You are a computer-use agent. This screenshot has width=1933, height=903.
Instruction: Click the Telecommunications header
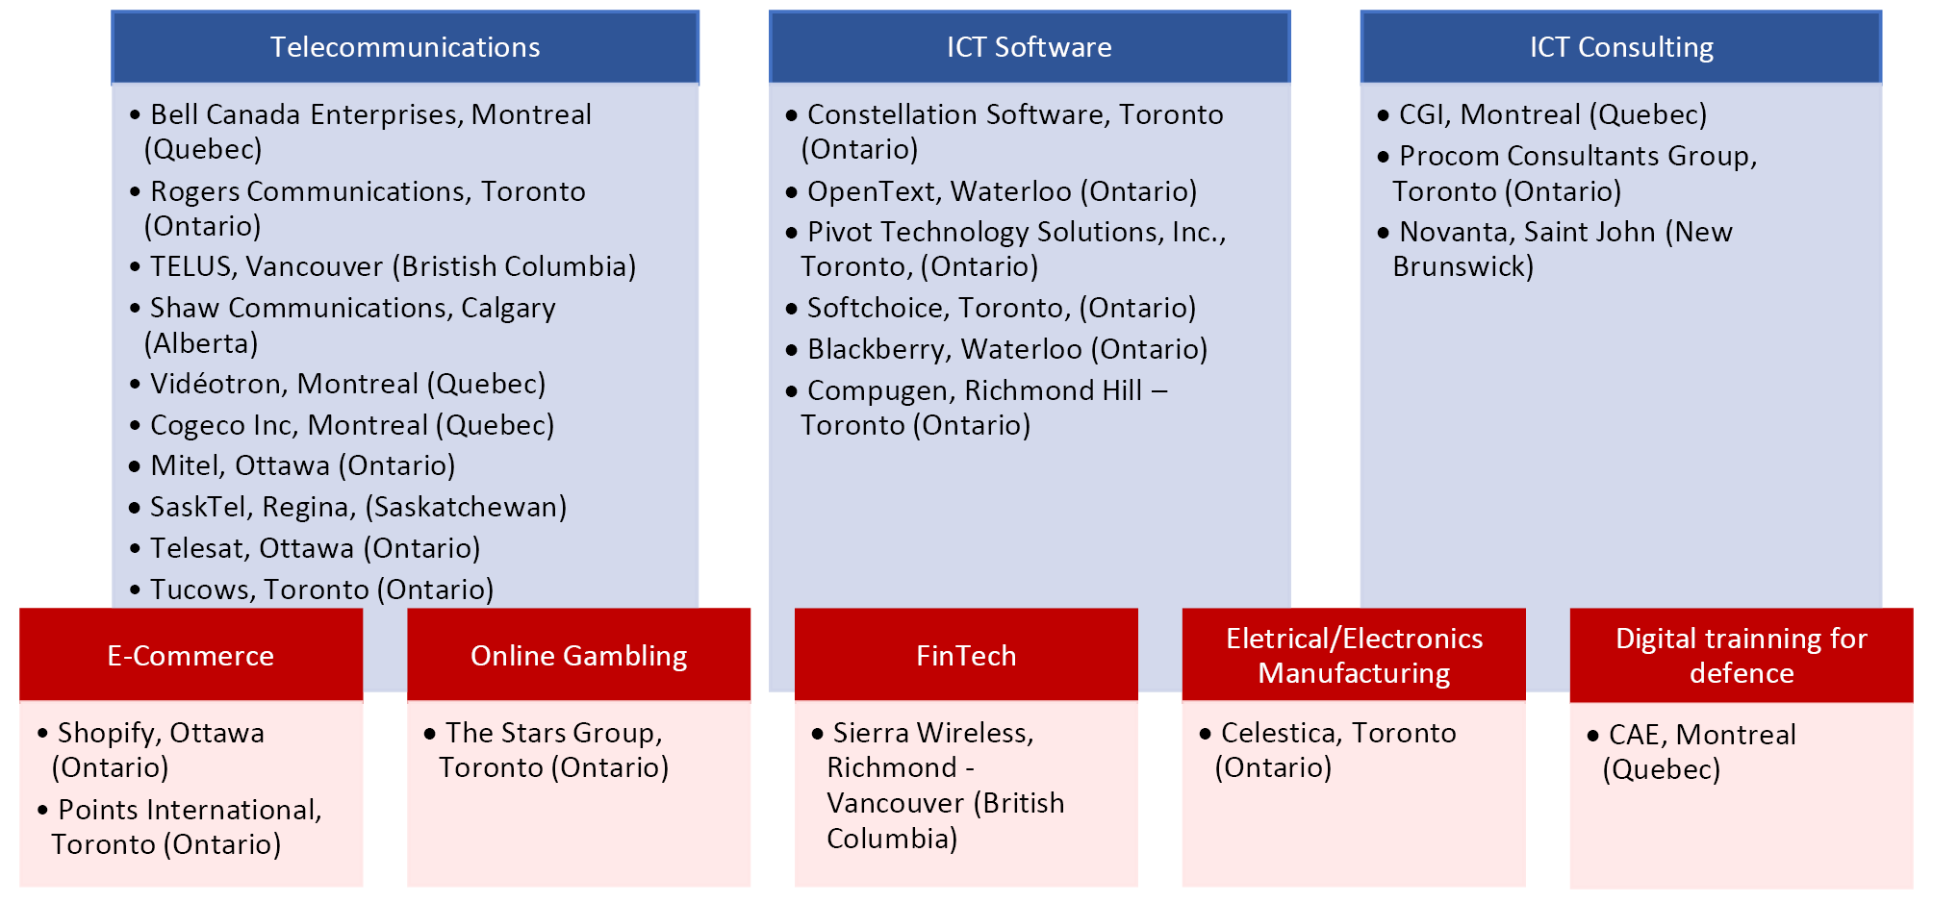(x=405, y=47)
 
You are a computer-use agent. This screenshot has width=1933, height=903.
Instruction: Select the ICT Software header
(x=1030, y=47)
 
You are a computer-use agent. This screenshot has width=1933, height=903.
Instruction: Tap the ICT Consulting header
(x=1621, y=47)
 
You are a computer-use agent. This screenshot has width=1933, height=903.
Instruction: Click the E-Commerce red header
(x=191, y=655)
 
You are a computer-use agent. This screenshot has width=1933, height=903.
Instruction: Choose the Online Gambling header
(x=578, y=655)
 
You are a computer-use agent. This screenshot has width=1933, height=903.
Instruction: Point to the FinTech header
(x=966, y=655)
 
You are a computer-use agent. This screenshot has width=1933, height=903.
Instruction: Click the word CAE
(x=1637, y=736)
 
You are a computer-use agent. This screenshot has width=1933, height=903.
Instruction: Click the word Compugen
(x=880, y=390)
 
